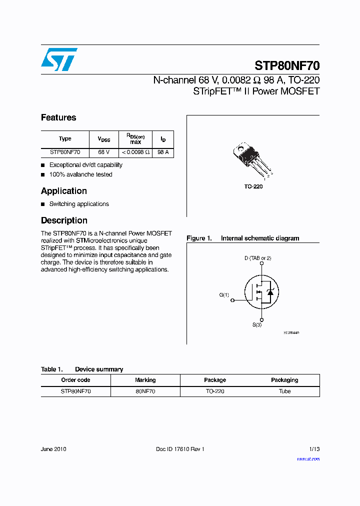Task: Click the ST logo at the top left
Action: pos(59,59)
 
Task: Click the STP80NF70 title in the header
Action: pos(287,66)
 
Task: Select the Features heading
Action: pos(58,117)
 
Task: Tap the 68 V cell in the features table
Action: pos(103,152)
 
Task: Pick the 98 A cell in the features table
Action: pos(163,152)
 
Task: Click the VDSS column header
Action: pos(103,139)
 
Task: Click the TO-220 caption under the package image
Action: pos(253,186)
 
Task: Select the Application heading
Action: pos(64,191)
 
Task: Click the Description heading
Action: pos(64,220)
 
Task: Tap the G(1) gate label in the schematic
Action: pos(224,295)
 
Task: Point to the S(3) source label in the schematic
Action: pos(257,325)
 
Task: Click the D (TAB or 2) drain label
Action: pos(257,258)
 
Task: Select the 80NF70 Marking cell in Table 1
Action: pos(145,391)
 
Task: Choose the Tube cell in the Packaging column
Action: pos(284,391)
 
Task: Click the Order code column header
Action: pos(75,380)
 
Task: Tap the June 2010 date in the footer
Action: pos(53,449)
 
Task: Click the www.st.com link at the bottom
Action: pos(308,458)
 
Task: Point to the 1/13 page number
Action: pos(313,449)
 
